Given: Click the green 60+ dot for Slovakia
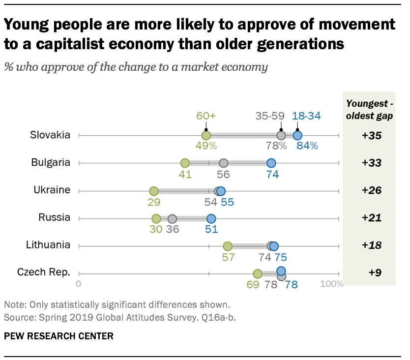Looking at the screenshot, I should [206, 135].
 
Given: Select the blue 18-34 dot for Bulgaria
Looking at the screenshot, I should [271, 163].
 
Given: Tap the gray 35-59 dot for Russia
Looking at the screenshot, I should [172, 219].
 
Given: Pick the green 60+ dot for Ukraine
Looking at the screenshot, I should [154, 191].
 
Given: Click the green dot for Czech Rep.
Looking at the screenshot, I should [258, 273].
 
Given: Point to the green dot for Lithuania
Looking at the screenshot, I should [228, 246].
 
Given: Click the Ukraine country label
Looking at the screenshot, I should [52, 190].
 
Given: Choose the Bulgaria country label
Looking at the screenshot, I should [51, 163].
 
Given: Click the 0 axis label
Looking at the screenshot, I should [79, 284].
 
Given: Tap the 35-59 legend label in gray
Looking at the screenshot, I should [269, 116].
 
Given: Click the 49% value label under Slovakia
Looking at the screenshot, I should [206, 147].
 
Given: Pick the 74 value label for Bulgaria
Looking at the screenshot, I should [271, 174].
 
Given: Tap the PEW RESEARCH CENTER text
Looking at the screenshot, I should [59, 336].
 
